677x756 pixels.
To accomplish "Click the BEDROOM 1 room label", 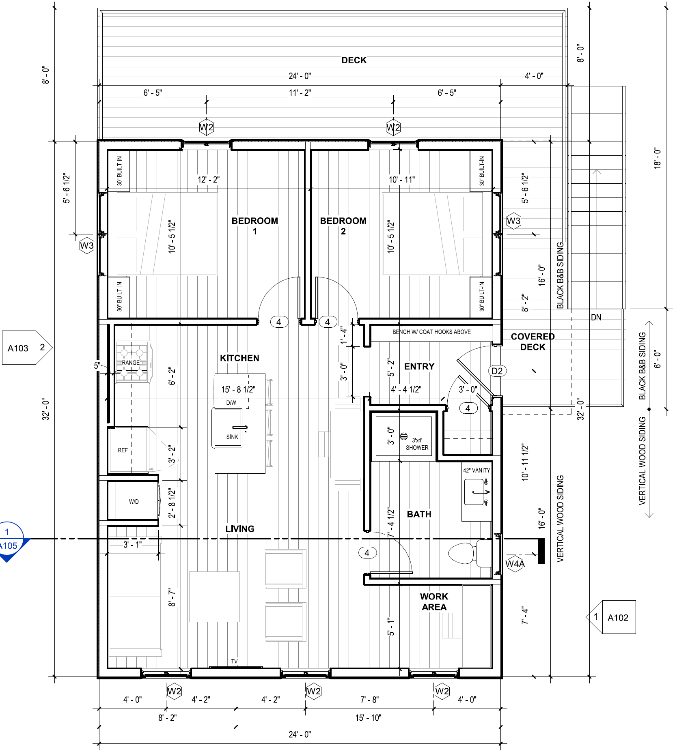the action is [x=254, y=226].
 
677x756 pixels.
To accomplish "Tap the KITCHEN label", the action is [x=239, y=358].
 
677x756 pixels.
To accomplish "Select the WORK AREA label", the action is [x=434, y=602].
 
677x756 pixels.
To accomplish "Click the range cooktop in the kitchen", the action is [x=132, y=363].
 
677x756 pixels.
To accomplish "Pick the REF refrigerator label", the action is [x=123, y=450].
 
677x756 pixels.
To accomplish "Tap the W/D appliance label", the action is [x=134, y=502].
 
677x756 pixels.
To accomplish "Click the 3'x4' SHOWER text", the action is [x=417, y=444].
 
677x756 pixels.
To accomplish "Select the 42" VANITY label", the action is [x=476, y=470].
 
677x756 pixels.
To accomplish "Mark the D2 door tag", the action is [x=497, y=371].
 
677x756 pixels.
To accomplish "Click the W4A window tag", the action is [x=515, y=564].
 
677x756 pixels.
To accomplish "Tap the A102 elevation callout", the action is [x=611, y=617].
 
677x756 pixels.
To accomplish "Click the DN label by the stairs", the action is [x=596, y=318].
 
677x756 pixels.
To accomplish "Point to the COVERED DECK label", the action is [x=533, y=342].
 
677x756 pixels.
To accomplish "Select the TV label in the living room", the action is [x=234, y=661].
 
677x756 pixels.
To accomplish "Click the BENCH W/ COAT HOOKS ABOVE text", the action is [x=431, y=332].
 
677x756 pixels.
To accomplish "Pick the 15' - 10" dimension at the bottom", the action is [x=368, y=718].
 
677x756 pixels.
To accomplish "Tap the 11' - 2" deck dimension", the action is [x=300, y=92].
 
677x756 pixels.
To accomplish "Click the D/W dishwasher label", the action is [x=231, y=403].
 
